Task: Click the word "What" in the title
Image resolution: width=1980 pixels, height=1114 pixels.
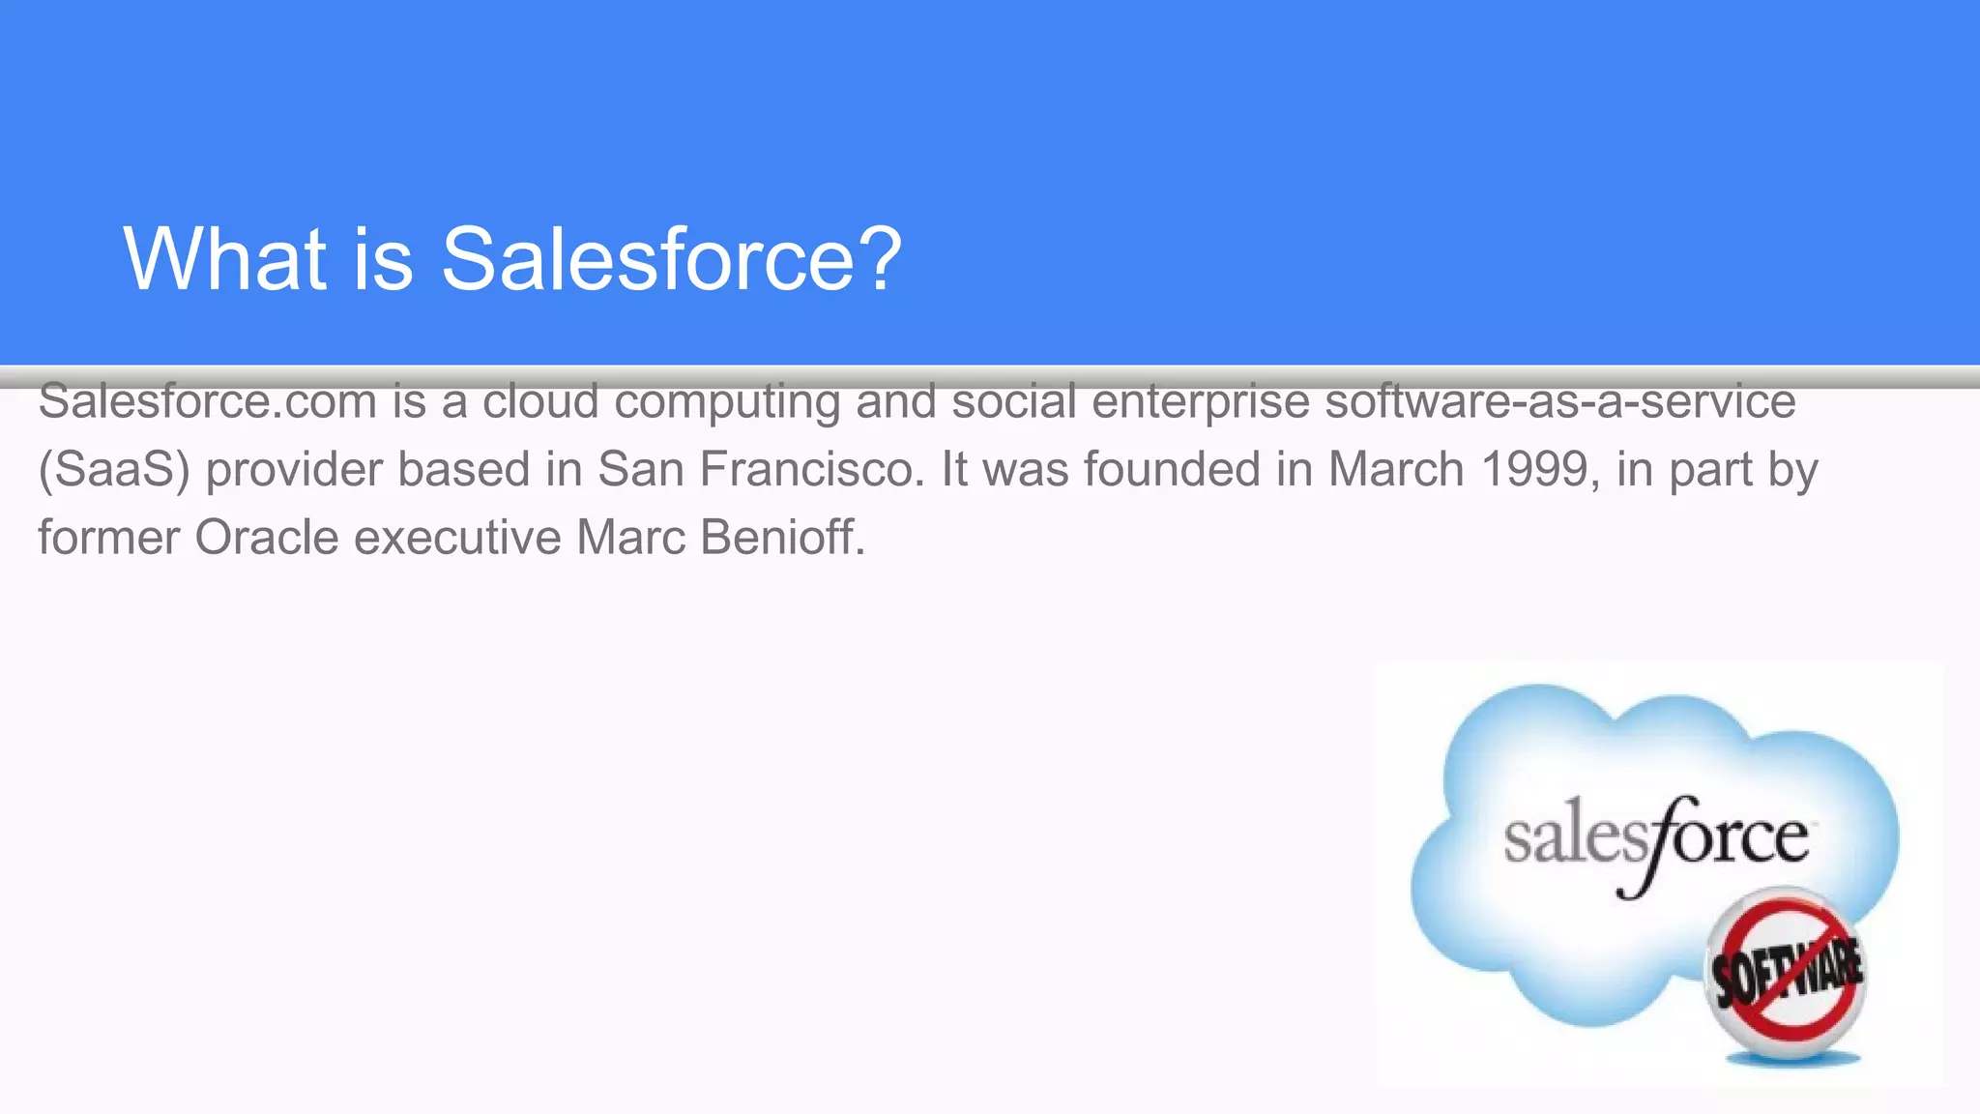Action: click(x=225, y=258)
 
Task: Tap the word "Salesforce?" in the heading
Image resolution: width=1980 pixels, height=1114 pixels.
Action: click(x=671, y=258)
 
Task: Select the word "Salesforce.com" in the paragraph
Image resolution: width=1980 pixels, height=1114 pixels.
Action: click(x=207, y=401)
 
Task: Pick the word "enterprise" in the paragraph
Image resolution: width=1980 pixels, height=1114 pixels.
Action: click(x=1200, y=401)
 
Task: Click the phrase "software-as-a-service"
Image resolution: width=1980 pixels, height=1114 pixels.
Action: click(x=1559, y=401)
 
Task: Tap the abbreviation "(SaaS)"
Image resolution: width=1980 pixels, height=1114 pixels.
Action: click(x=114, y=470)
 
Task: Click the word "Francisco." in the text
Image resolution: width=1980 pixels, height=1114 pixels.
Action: click(x=812, y=469)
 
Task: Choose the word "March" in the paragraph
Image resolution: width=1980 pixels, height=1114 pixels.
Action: click(x=1396, y=469)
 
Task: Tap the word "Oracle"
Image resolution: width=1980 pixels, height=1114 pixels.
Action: click(x=267, y=537)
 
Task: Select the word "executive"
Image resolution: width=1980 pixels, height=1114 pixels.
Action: click(x=457, y=537)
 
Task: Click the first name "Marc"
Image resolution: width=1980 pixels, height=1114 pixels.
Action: click(x=631, y=537)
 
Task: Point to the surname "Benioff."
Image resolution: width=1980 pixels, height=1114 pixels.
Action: click(x=782, y=537)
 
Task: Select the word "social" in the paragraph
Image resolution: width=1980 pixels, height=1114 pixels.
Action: click(x=1013, y=401)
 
